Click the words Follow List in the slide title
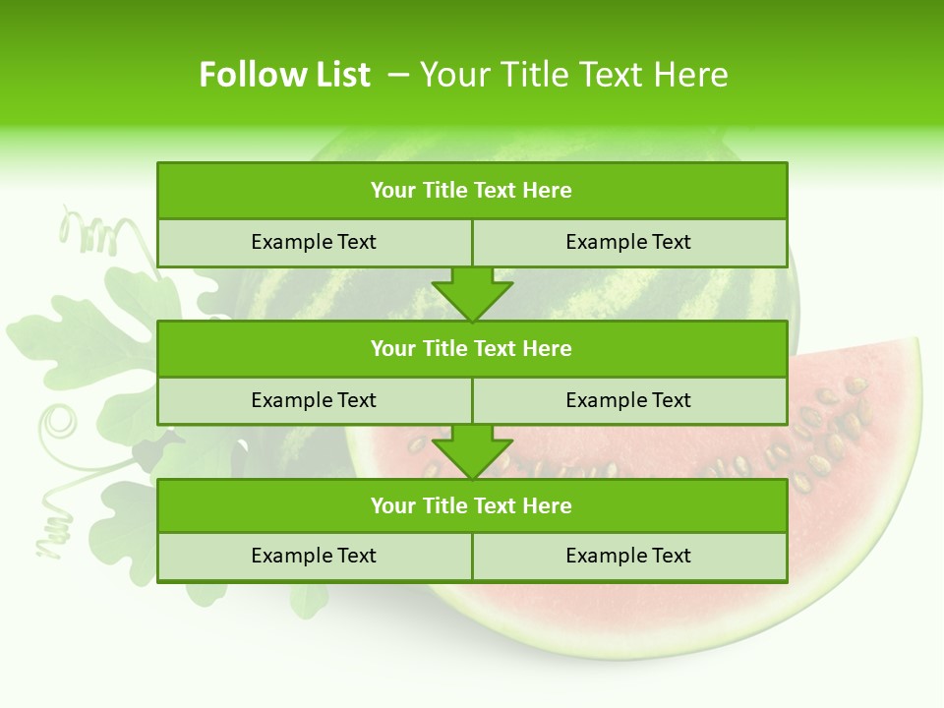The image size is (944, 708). pyautogui.click(x=284, y=75)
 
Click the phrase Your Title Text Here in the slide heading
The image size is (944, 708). pyautogui.click(x=573, y=75)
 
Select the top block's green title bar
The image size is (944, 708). pyautogui.click(x=472, y=191)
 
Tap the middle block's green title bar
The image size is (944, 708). pyautogui.click(x=472, y=348)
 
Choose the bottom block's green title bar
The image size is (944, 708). pyautogui.click(x=472, y=505)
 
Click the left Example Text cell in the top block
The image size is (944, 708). pyautogui.click(x=314, y=242)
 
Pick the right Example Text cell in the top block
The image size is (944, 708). pyautogui.click(x=628, y=242)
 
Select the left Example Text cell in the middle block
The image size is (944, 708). pyautogui.click(x=314, y=400)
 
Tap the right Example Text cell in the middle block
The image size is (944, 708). pyautogui.click(x=628, y=400)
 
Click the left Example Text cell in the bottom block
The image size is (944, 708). pyautogui.click(x=314, y=556)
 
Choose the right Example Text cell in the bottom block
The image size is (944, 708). pyautogui.click(x=628, y=556)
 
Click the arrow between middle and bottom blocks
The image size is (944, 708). pyautogui.click(x=472, y=451)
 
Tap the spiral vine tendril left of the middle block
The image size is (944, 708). pyautogui.click(x=61, y=424)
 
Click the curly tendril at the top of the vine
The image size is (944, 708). pyautogui.click(x=88, y=233)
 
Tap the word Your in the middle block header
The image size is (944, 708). pyautogui.click(x=392, y=348)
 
